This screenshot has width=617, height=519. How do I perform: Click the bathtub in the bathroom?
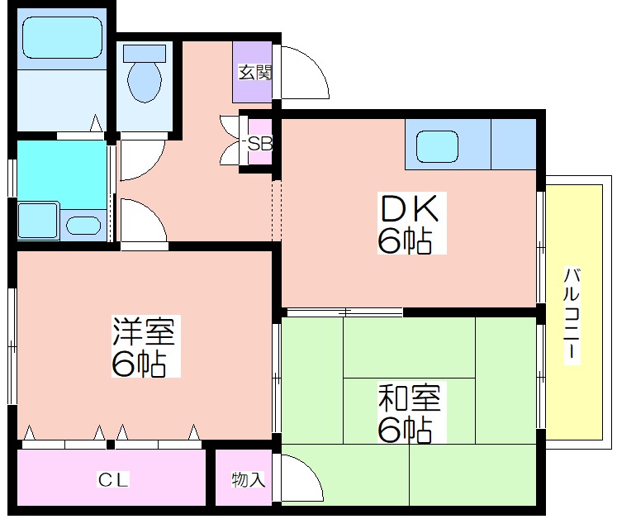62,37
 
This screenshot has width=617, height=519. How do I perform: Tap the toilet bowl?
145,81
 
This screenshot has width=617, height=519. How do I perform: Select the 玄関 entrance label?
255,73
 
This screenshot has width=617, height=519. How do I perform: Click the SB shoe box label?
259,144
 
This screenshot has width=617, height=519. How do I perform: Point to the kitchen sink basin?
437,146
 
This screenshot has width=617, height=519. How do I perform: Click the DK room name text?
409,208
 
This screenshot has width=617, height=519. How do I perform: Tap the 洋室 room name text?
143,331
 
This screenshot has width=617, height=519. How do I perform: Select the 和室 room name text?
409,397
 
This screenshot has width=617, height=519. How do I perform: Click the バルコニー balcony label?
572,314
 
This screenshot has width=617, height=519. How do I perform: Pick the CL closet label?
113,479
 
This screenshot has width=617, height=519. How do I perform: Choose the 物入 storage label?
248,479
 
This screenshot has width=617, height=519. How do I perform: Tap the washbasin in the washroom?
83,226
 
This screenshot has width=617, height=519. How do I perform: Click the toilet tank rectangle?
145,53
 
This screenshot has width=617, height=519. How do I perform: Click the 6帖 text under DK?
405,240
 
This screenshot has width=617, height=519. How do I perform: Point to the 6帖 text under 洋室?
138,363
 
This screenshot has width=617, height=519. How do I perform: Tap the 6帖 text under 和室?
405,429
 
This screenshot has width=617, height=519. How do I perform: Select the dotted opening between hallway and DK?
277,211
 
